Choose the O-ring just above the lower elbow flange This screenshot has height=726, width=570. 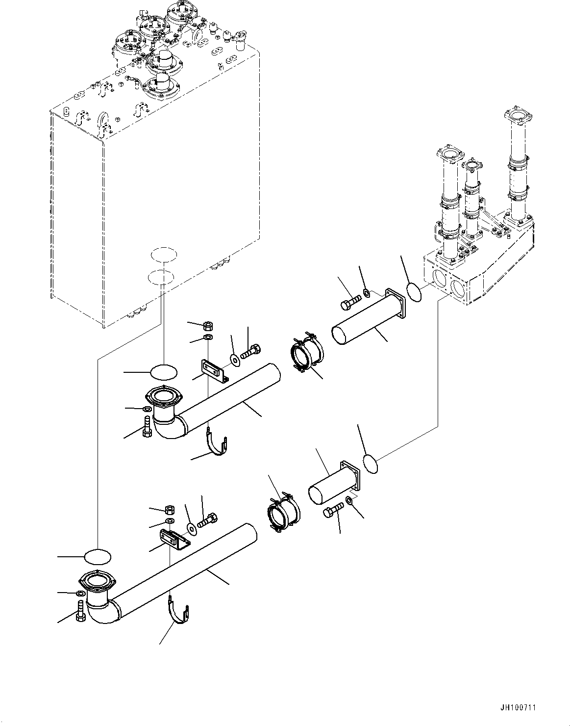point(98,557)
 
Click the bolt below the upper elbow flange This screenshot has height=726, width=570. point(146,426)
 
